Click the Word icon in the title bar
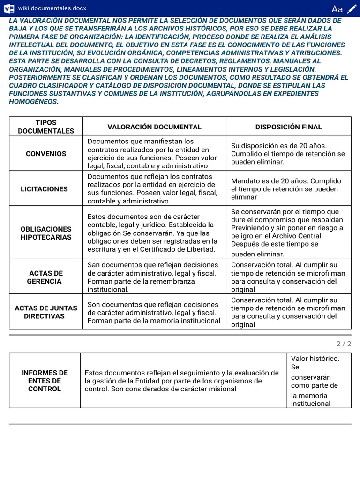tap(9, 8)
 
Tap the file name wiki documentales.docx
tap(52, 8)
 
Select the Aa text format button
tap(337, 9)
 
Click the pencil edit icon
tap(352, 8)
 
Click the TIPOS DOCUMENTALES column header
tap(46, 127)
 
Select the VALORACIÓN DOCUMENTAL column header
tap(154, 127)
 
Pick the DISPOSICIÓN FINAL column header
tap(288, 127)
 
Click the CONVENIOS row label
tap(46, 154)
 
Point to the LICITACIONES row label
tap(44, 189)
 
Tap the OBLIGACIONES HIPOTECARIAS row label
tap(46, 233)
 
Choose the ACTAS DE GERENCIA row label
tap(45, 277)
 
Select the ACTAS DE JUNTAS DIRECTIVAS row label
tap(46, 312)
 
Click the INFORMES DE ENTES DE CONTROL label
tap(45, 381)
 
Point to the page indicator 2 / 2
tap(344, 344)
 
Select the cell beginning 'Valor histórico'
tap(318, 381)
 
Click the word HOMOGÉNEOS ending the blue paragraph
tap(34, 101)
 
